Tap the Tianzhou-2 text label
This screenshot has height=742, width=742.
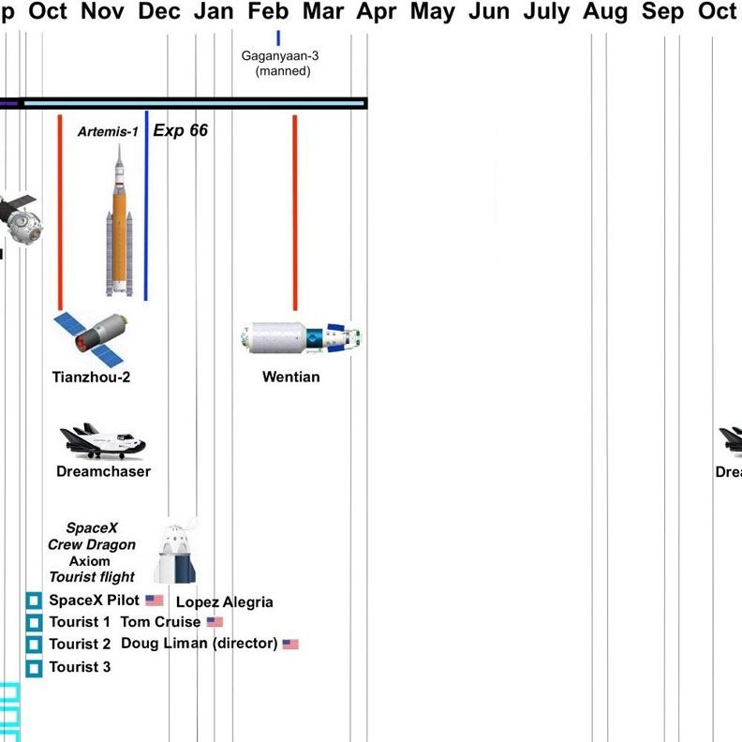91,378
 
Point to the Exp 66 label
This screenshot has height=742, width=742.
181,131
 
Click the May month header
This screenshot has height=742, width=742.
432,12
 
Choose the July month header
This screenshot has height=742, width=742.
546,12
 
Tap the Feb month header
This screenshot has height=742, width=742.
269,12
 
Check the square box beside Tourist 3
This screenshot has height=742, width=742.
34,668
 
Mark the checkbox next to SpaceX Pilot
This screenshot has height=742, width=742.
34,601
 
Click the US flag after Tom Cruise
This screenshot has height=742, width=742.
215,622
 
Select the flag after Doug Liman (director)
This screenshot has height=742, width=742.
290,645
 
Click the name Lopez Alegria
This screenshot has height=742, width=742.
225,602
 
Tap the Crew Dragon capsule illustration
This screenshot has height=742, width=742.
177,554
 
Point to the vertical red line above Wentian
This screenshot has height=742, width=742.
295,212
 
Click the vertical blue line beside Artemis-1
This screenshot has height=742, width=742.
146,206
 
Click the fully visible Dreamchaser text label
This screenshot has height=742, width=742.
103,471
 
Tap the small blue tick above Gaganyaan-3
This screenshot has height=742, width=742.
278,37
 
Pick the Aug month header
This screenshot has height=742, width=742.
605,12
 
